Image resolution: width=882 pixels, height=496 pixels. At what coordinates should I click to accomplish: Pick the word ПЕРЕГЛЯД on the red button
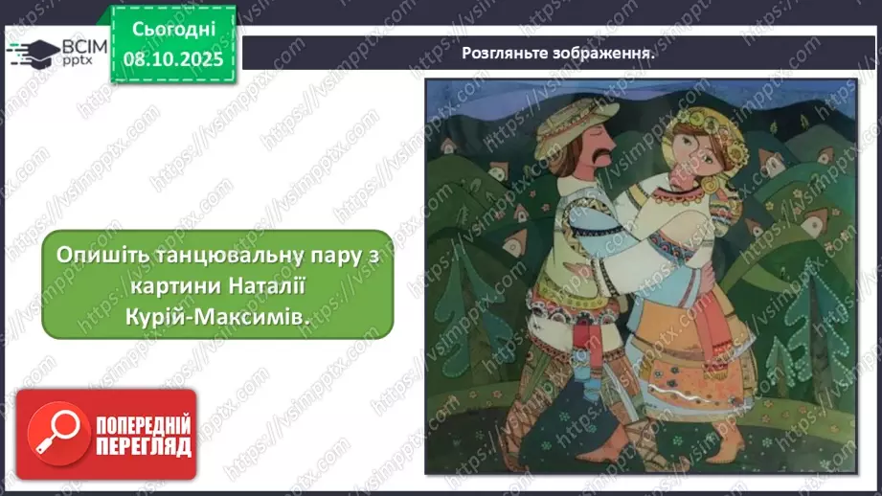pyautogui.click(x=144, y=447)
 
